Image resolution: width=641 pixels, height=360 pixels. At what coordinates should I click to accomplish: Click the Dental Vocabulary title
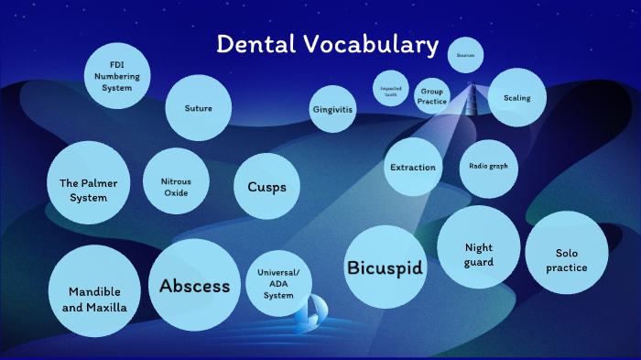pyautogui.click(x=327, y=44)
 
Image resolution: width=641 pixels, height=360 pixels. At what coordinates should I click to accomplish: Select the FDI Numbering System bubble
pyautogui.click(x=117, y=75)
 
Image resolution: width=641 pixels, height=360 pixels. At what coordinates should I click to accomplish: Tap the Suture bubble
pyautogui.click(x=198, y=108)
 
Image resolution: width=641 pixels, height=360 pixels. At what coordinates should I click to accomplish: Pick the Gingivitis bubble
pyautogui.click(x=333, y=109)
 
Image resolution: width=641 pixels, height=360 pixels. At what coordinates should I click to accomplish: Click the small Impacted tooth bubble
pyautogui.click(x=391, y=89)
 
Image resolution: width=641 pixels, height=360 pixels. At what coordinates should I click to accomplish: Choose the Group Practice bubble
pyautogui.click(x=431, y=96)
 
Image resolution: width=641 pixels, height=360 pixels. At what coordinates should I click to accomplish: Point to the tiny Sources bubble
pyautogui.click(x=465, y=56)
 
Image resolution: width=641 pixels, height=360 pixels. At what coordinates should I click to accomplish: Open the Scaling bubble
pyautogui.click(x=510, y=97)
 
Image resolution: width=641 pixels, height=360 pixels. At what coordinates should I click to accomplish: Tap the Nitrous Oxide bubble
pyautogui.click(x=176, y=180)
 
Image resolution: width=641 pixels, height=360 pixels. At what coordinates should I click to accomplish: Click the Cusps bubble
pyautogui.click(x=266, y=187)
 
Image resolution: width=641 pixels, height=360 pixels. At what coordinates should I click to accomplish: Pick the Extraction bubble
pyautogui.click(x=412, y=168)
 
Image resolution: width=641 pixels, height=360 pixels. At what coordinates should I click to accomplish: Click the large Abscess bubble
pyautogui.click(x=194, y=285)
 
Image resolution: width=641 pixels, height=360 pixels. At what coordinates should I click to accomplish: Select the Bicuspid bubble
pyautogui.click(x=385, y=267)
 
